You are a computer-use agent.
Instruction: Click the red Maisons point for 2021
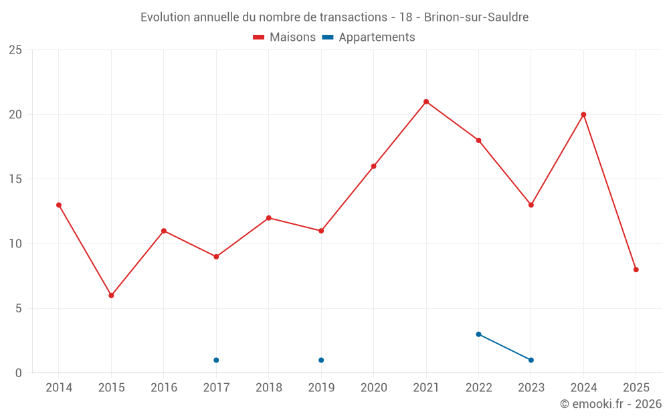426,102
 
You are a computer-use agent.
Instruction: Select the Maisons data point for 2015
111,295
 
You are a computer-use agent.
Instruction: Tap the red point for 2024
583,114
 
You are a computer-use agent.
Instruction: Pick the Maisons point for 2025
636,270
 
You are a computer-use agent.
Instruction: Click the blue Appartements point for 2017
216,360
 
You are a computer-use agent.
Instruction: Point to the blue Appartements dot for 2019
321,360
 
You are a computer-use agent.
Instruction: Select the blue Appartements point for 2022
478,334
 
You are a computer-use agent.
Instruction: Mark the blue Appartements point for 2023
531,360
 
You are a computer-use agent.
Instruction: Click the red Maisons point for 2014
59,205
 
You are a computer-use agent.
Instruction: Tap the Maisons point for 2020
373,166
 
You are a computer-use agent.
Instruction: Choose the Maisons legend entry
284,37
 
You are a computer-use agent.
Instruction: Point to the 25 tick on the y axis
15,50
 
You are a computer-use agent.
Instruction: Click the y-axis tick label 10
15,244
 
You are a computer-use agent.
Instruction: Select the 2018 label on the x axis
268,388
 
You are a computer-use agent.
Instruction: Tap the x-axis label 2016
163,388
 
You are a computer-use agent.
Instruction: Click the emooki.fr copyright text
610,404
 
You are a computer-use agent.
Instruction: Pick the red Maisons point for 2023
531,205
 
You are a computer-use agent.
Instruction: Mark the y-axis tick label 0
19,373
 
